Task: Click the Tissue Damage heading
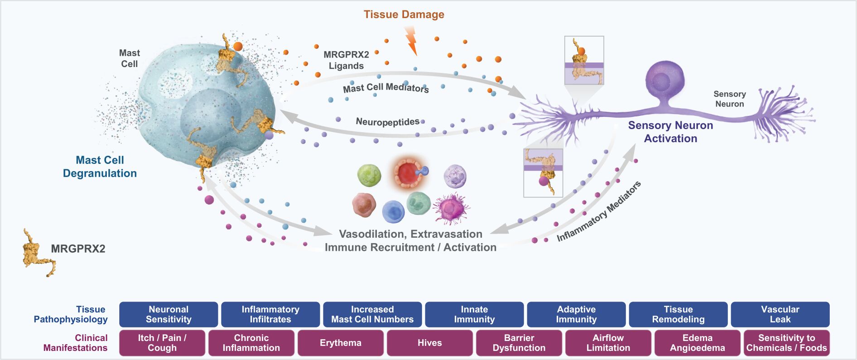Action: (404, 14)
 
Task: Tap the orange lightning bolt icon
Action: (411, 40)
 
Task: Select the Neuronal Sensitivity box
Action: (169, 314)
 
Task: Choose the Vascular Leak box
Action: (780, 314)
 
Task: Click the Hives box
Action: (429, 343)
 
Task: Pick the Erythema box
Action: (341, 343)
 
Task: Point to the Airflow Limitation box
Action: (608, 343)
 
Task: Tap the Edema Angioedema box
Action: (697, 343)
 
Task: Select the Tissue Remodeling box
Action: (678, 314)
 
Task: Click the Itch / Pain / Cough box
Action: (162, 343)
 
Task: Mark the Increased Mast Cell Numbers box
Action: (372, 314)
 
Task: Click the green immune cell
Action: (369, 175)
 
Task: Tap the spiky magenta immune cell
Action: (451, 208)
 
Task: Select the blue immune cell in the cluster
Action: (393, 211)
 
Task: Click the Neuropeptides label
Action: (387, 122)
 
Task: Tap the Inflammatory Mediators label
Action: (598, 211)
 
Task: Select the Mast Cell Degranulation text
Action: (100, 167)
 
